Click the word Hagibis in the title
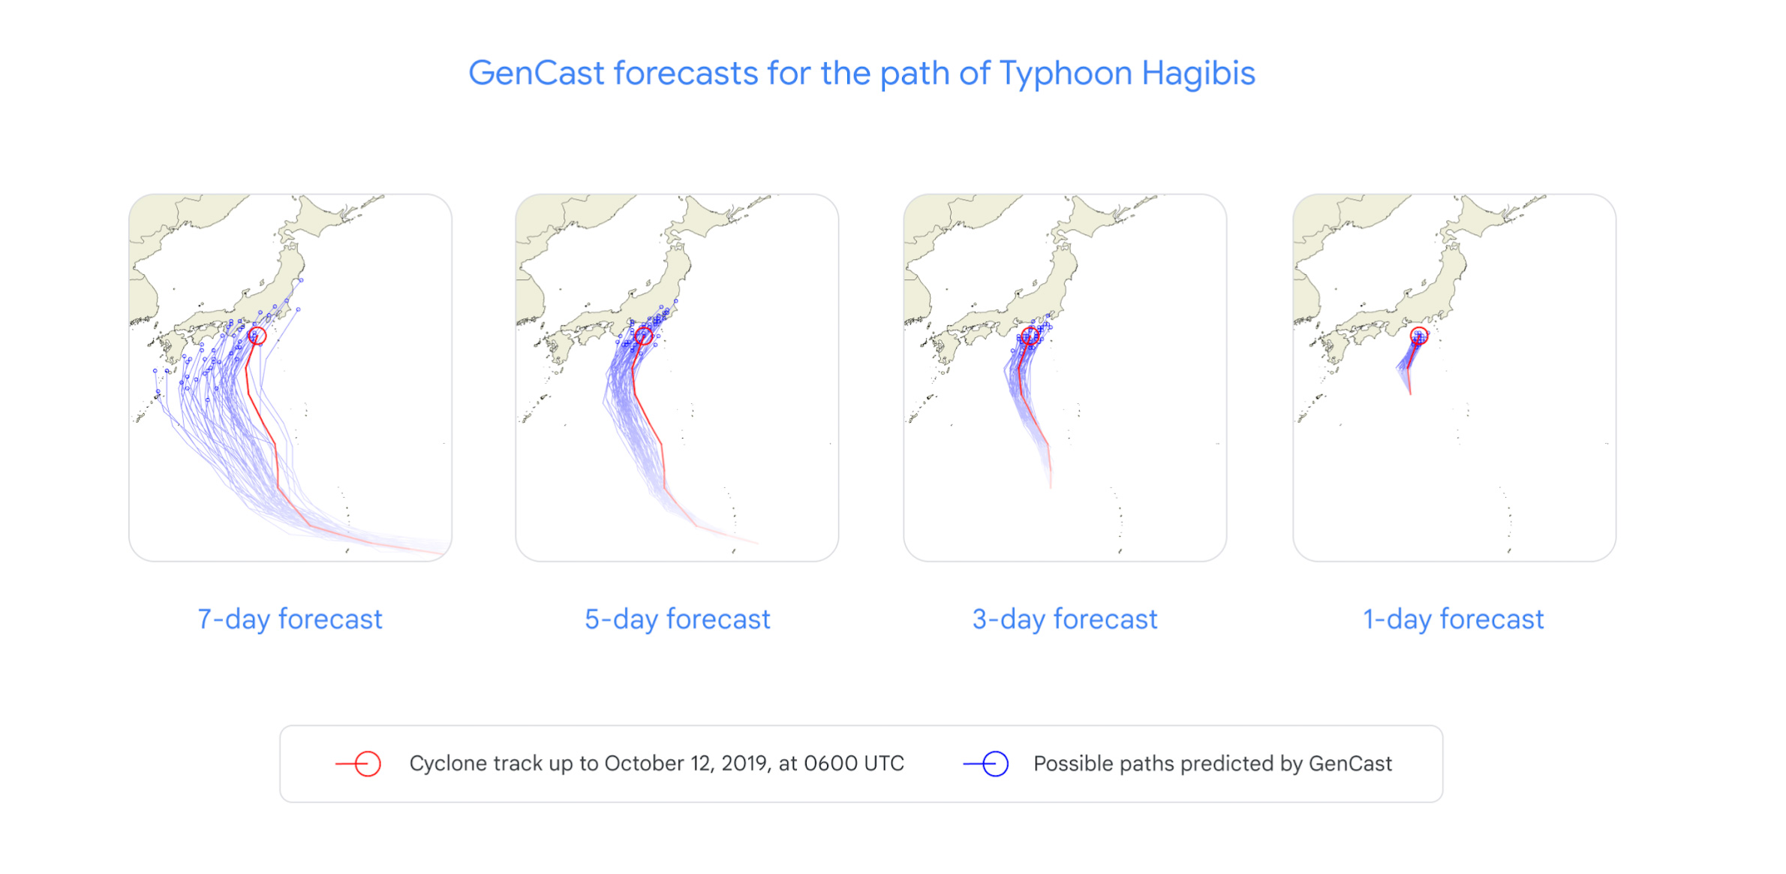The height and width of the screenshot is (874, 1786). click(x=1198, y=74)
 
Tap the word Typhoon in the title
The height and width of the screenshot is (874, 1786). click(x=1066, y=74)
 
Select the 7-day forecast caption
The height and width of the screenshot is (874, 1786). click(x=290, y=619)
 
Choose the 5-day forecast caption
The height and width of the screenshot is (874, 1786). click(x=677, y=619)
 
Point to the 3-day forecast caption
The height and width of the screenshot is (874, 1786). click(x=1064, y=619)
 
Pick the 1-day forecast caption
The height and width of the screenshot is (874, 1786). click(x=1453, y=619)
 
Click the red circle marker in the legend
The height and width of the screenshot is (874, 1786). click(x=368, y=764)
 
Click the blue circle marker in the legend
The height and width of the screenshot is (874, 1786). click(x=995, y=764)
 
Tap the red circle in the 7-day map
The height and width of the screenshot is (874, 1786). click(x=257, y=336)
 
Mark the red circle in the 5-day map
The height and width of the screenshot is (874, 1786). click(x=644, y=336)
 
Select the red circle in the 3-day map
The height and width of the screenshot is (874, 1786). click(x=1030, y=335)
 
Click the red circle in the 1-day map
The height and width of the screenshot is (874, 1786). click(x=1418, y=335)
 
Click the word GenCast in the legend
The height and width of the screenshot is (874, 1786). click(x=1350, y=764)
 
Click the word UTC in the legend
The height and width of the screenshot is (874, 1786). click(x=884, y=764)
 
